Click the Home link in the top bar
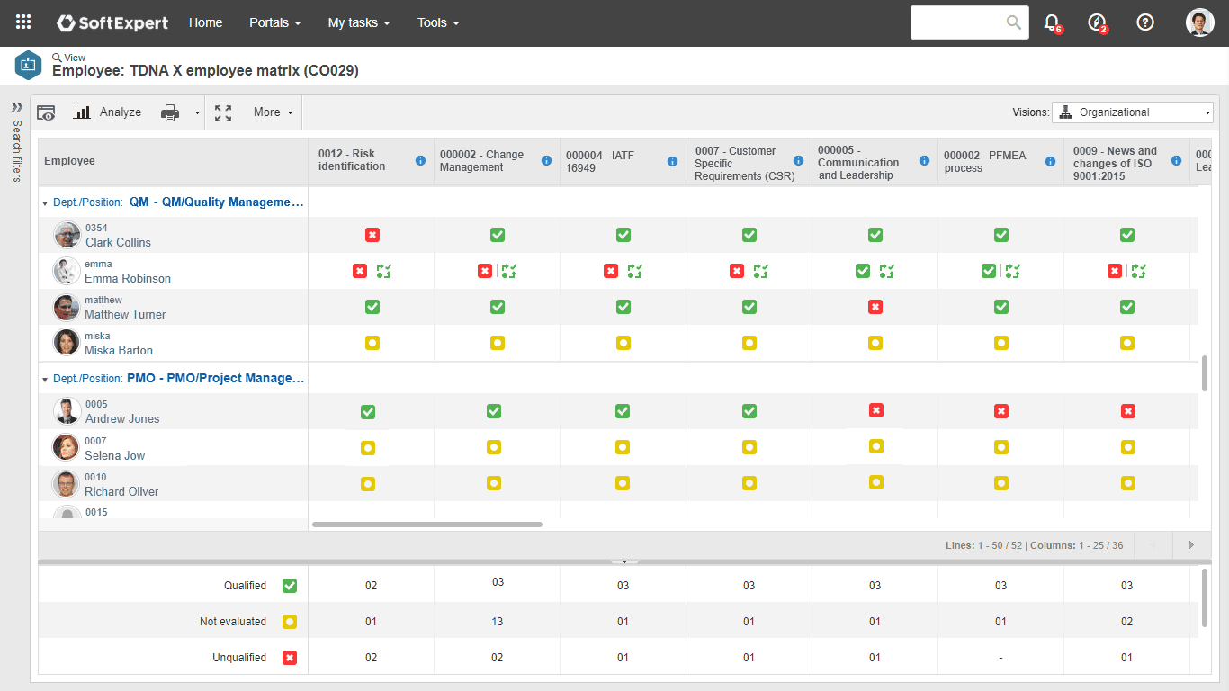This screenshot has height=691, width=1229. (205, 22)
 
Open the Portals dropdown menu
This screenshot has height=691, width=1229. (274, 22)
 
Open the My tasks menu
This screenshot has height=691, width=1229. (358, 22)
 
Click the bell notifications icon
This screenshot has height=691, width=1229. (1051, 22)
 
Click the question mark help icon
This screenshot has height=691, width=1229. (1145, 22)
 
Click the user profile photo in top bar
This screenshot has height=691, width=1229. (1199, 22)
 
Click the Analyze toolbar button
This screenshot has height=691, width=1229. (108, 112)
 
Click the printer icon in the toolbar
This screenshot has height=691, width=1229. (170, 112)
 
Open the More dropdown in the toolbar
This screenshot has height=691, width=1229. (273, 112)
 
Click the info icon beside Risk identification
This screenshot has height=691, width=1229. (420, 160)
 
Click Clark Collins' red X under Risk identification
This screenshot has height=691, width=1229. (372, 235)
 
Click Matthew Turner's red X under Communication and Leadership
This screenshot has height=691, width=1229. (875, 307)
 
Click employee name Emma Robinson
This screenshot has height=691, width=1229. (128, 278)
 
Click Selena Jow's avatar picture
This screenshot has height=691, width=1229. (66, 448)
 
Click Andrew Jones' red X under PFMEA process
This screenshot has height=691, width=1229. (1001, 411)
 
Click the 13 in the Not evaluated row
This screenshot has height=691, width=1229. (498, 622)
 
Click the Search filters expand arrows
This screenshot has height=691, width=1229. (16, 106)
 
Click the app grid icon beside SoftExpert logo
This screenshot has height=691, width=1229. (24, 22)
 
